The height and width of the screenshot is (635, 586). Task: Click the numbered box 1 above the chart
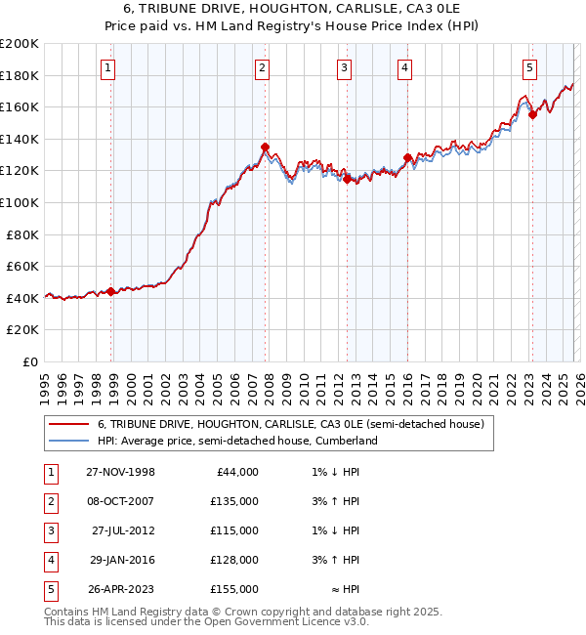click(106, 67)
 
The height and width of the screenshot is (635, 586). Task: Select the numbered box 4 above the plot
click(403, 67)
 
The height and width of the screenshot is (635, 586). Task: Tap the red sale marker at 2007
click(265, 147)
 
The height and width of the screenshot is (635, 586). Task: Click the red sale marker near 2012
click(347, 179)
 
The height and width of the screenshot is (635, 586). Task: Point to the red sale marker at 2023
click(532, 114)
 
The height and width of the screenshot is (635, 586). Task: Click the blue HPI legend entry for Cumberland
click(237, 441)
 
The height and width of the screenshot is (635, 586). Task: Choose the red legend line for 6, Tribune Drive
click(67, 425)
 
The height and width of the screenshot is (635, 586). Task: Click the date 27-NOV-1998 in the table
click(120, 472)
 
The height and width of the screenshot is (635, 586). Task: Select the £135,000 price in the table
click(234, 501)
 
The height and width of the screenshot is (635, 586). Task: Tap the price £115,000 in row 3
click(234, 530)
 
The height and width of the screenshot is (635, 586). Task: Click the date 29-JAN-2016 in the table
click(121, 560)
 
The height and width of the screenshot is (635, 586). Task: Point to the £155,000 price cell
click(234, 589)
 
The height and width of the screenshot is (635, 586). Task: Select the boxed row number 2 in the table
click(50, 501)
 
